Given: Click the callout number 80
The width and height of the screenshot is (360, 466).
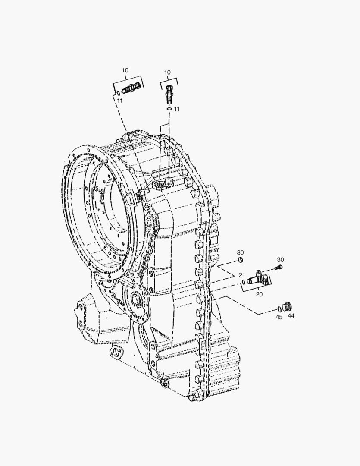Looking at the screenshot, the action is tap(240, 252).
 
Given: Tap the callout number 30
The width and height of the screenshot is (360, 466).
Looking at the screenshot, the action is tap(280, 260).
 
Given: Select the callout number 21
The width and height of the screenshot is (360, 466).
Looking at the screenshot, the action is tap(242, 275).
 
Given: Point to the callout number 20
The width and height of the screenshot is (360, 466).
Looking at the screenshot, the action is tap(259, 294).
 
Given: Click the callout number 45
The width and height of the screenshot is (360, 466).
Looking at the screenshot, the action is tap(279, 317).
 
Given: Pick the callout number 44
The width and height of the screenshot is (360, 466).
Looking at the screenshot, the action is tap(291, 316).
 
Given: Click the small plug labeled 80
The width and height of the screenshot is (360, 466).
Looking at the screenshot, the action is tap(241, 261).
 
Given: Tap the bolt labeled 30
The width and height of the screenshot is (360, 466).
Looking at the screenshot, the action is tap(279, 267).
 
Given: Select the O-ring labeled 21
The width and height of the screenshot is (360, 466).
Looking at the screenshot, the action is tap(243, 282).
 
